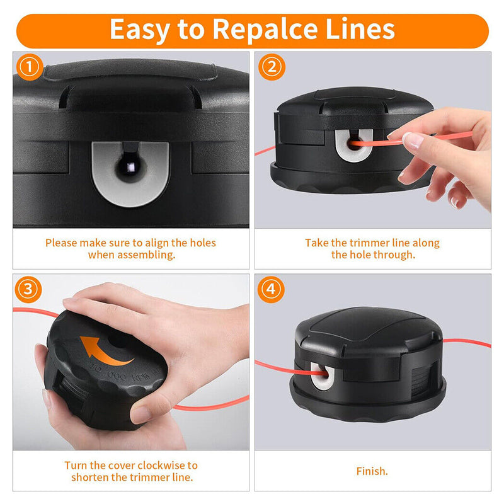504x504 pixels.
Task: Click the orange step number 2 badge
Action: [271, 67]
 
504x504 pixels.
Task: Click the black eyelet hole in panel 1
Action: [130, 169]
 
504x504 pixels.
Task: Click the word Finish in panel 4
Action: [372, 471]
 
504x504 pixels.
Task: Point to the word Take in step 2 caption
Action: [317, 243]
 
